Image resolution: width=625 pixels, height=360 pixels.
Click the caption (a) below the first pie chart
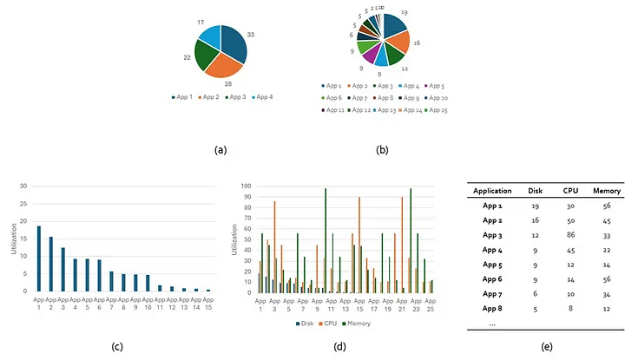tap(220, 149)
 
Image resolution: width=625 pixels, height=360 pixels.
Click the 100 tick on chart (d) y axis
tap(245, 186)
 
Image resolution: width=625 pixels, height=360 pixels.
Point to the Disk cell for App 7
tap(536, 293)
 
